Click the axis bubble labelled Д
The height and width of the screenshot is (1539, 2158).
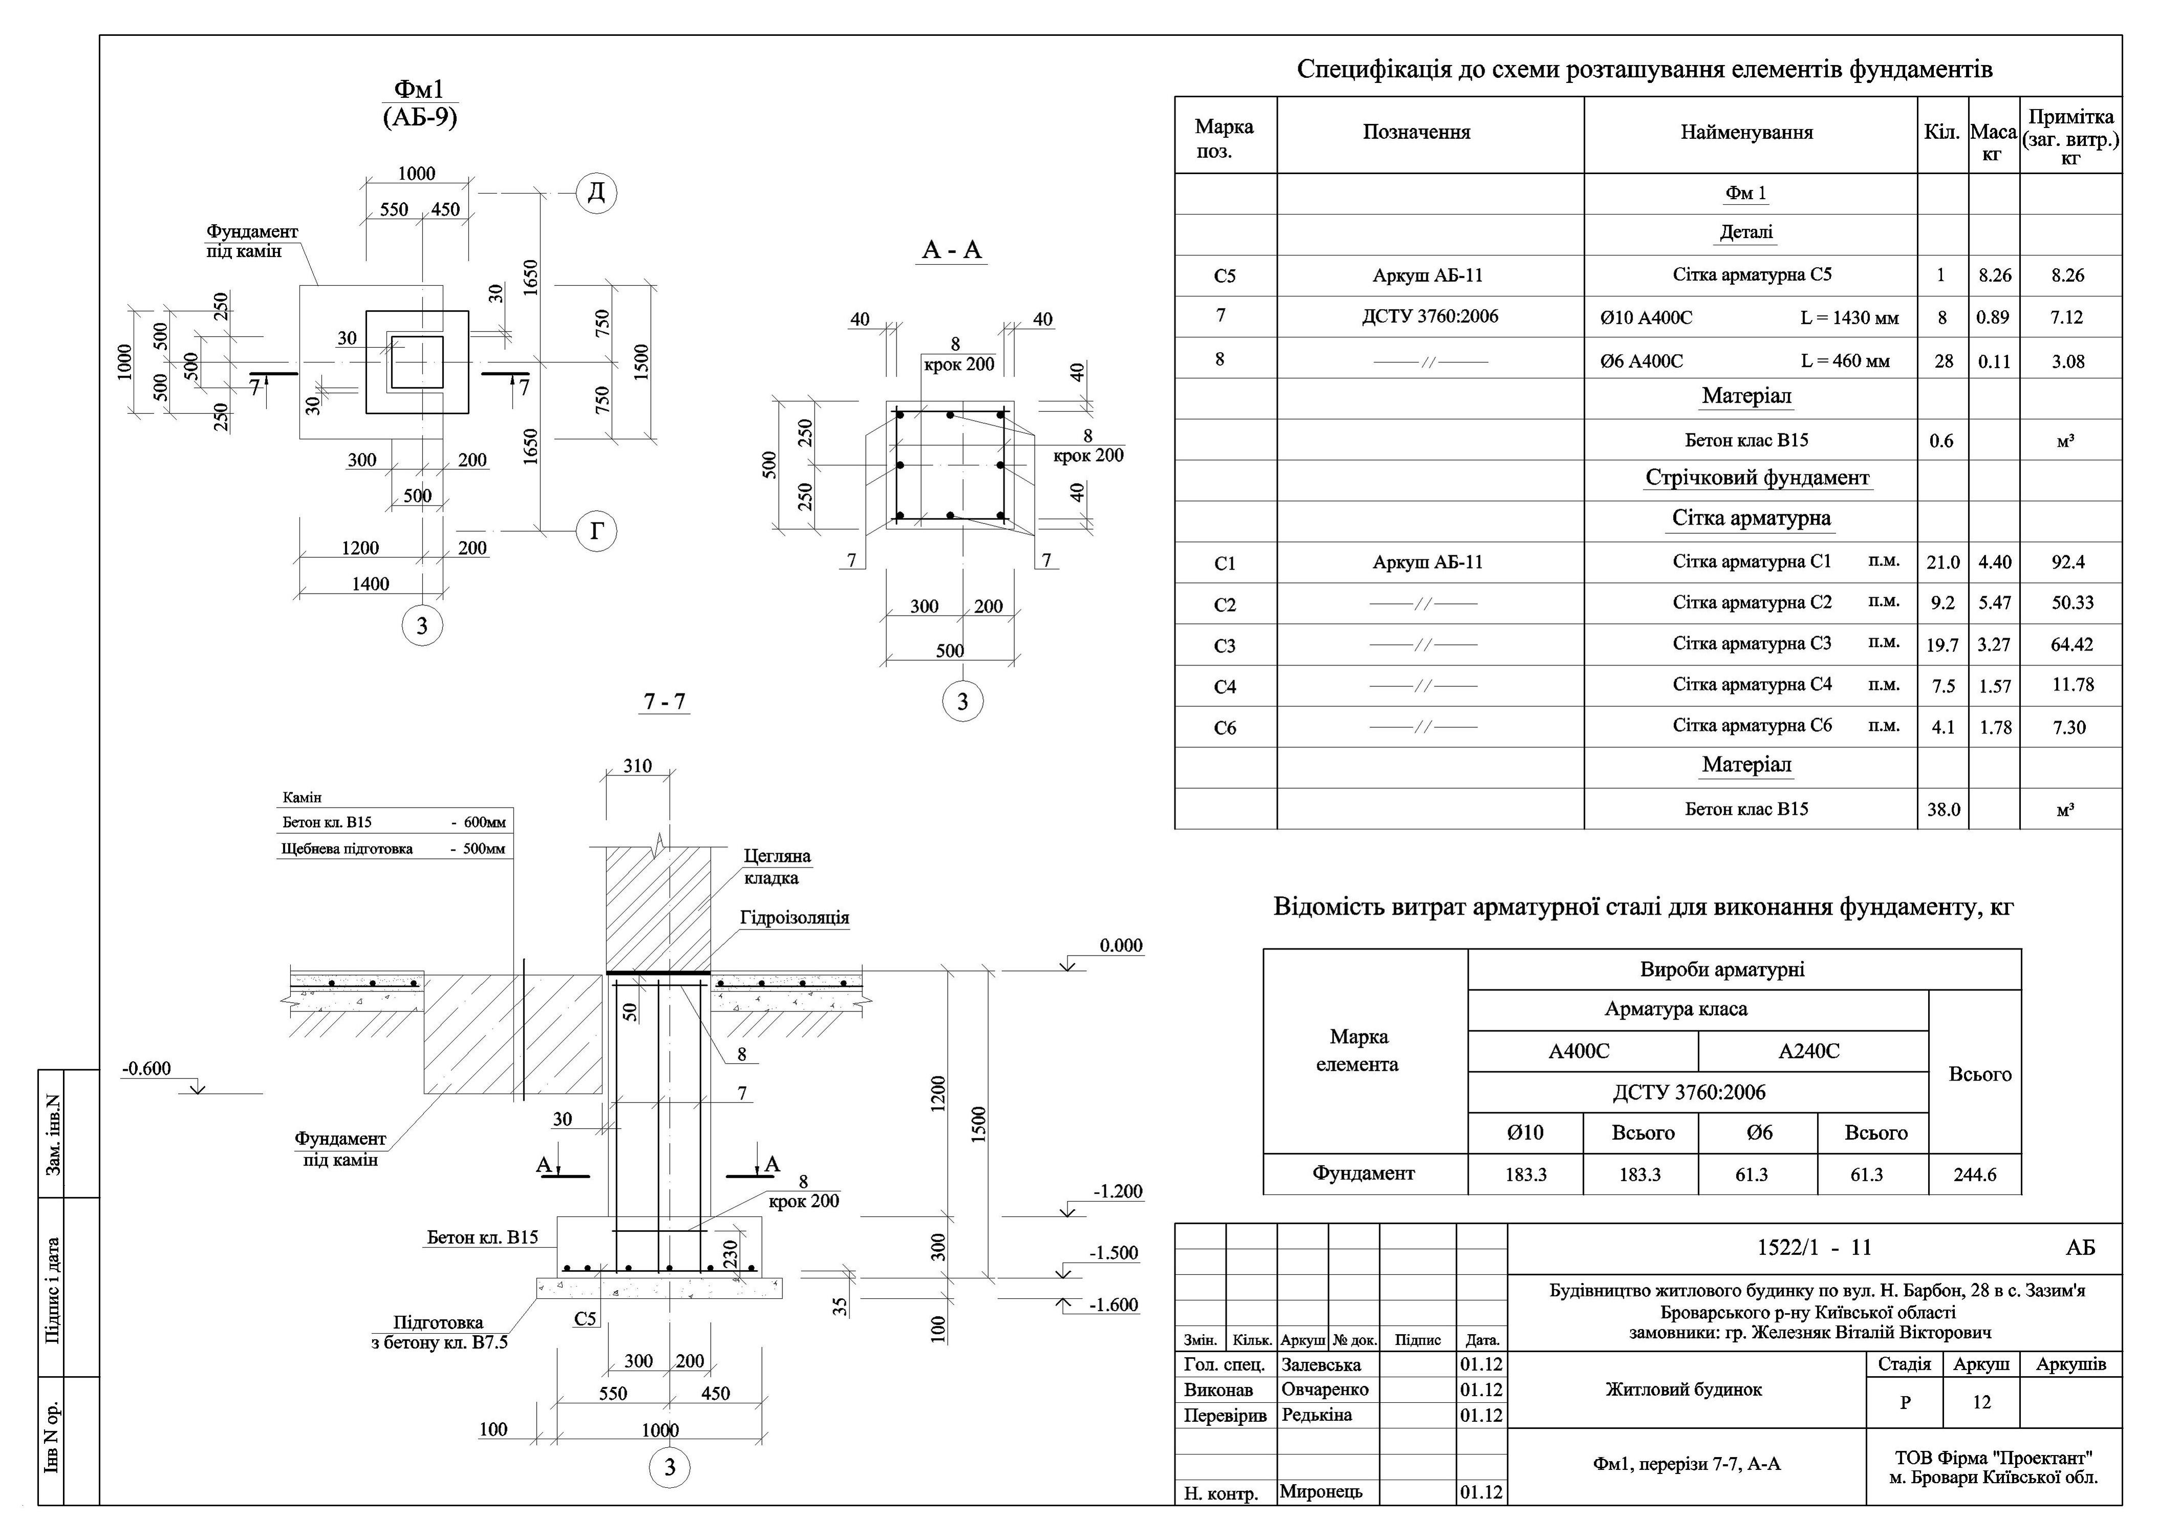pos(596,193)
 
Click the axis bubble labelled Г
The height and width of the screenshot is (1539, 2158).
pos(596,531)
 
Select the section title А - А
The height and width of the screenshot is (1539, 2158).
pos(952,250)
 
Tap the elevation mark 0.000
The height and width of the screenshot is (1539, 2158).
pos(1121,946)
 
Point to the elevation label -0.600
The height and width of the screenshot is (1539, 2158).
pos(147,1069)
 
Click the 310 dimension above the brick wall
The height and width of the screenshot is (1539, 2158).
pos(637,766)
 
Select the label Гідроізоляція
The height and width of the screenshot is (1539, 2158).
pos(795,917)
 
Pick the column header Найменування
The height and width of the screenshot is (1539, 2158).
pos(1747,133)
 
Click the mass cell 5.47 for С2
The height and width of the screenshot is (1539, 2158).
pos(1994,603)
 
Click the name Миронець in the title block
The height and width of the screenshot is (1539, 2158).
pos(1320,1491)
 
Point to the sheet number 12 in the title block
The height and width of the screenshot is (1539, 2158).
pos(1982,1403)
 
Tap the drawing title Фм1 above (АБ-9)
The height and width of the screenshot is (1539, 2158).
pos(419,89)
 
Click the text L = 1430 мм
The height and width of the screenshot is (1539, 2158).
pos(1849,319)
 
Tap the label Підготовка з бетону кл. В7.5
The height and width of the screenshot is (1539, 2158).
pos(439,1333)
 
